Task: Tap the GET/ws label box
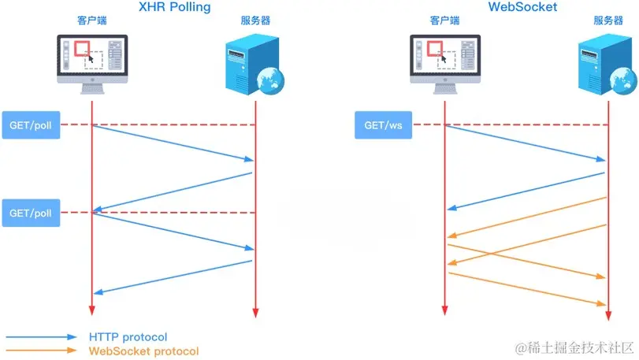(x=383, y=124)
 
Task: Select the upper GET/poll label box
(x=31, y=124)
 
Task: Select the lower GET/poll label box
(x=31, y=213)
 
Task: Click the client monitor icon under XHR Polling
(x=92, y=62)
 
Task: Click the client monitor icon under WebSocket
(x=444, y=62)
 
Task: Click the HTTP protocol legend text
(x=128, y=337)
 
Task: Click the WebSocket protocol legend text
(x=143, y=351)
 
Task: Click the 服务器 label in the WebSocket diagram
(x=607, y=20)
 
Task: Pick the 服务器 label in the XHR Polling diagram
(x=254, y=20)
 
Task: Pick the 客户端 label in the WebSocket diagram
(x=444, y=20)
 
